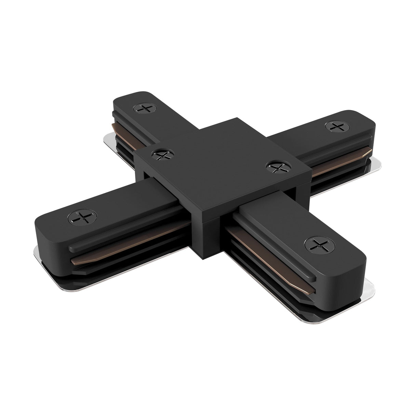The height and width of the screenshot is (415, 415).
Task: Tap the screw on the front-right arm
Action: coord(317,245)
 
